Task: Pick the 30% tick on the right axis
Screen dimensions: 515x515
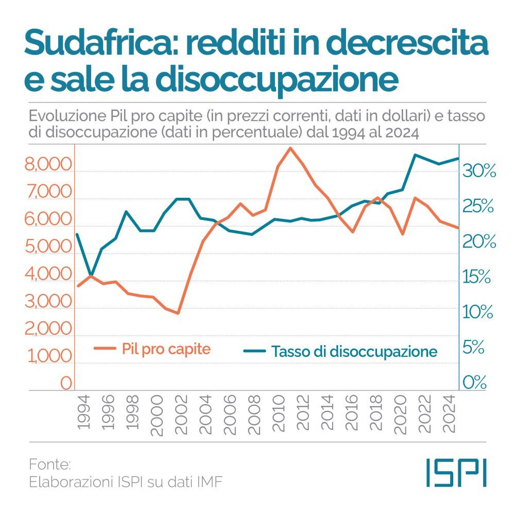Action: point(479,171)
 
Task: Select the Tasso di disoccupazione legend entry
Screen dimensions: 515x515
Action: point(340,352)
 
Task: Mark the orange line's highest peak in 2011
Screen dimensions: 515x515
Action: point(290,148)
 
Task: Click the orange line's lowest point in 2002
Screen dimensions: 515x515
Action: point(178,313)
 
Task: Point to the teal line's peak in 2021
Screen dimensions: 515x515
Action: point(415,154)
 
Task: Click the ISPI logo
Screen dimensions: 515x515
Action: point(456,472)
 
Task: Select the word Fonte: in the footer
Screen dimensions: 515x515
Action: point(49,465)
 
